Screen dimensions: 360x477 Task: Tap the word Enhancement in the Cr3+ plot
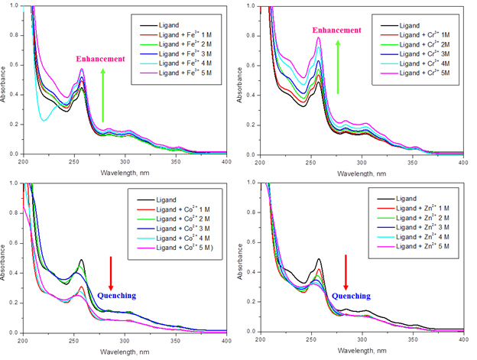coord(336,30)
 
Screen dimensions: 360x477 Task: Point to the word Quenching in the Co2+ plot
coord(117,292)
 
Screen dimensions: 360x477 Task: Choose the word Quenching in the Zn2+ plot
coord(352,295)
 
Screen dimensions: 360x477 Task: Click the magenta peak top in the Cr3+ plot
coord(318,37)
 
